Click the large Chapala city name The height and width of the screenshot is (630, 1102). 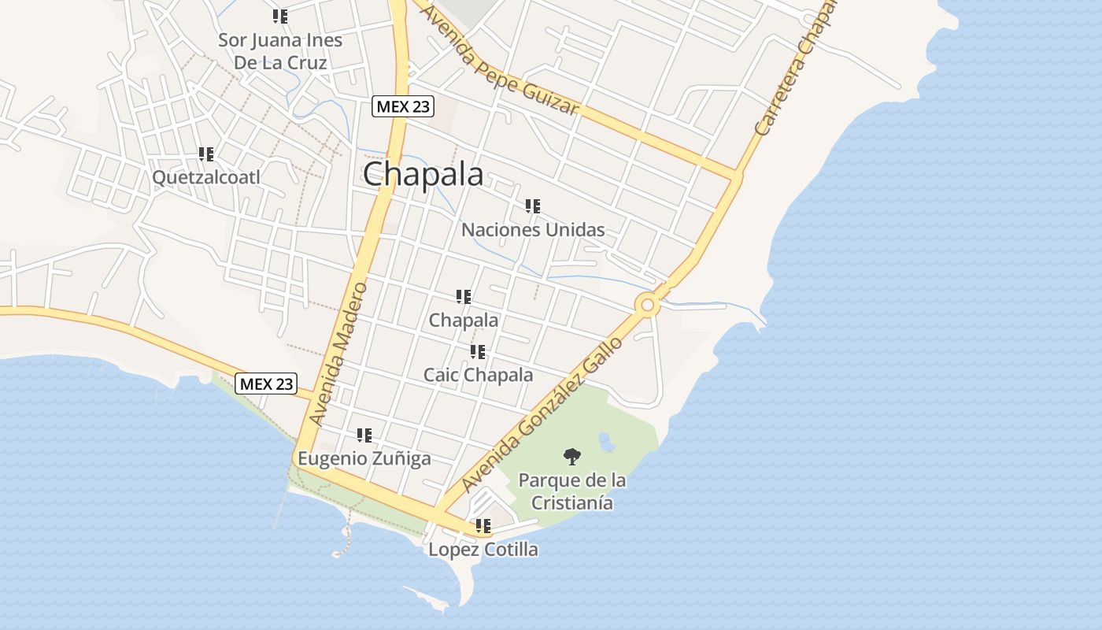(x=423, y=174)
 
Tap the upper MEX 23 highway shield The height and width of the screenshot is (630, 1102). (x=403, y=106)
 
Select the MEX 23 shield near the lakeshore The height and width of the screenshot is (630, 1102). (x=266, y=384)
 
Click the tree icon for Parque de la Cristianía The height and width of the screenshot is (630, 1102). (x=572, y=455)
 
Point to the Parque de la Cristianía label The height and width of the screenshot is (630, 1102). (x=572, y=491)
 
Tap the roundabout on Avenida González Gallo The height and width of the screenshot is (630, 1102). (x=647, y=304)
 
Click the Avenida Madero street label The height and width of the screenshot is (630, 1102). (x=339, y=354)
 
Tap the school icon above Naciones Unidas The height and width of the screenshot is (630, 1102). (x=533, y=206)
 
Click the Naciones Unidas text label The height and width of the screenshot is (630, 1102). (x=533, y=230)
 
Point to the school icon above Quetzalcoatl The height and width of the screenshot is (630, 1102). (x=206, y=154)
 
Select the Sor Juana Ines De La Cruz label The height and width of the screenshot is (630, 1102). (x=280, y=51)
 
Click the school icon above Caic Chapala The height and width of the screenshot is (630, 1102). (x=478, y=352)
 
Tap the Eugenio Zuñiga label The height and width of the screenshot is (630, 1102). (x=364, y=458)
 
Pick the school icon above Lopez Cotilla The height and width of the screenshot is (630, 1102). (x=483, y=525)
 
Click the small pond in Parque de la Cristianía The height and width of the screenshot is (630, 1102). (x=607, y=443)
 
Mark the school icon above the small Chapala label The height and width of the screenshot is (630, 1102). (x=464, y=297)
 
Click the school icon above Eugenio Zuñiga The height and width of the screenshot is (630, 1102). (x=364, y=435)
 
